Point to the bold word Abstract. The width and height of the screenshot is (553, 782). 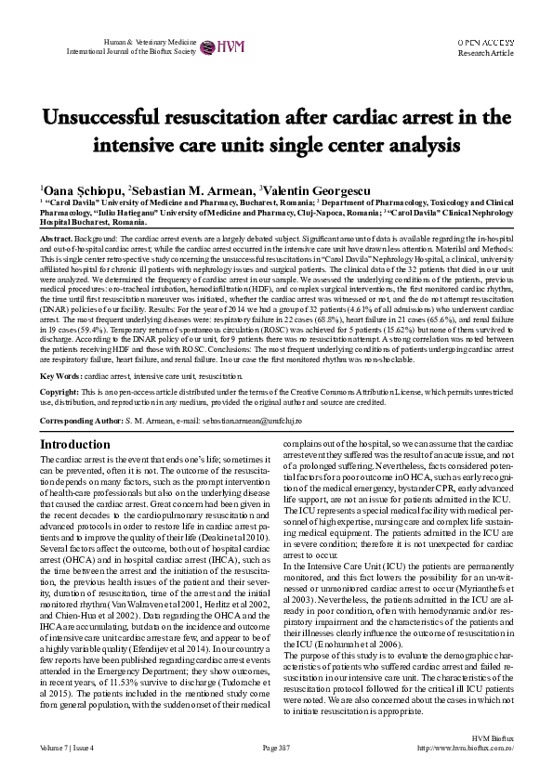(x=56, y=239)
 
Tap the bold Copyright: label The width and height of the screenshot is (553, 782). (x=59, y=393)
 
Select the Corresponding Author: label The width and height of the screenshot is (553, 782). (x=82, y=421)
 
